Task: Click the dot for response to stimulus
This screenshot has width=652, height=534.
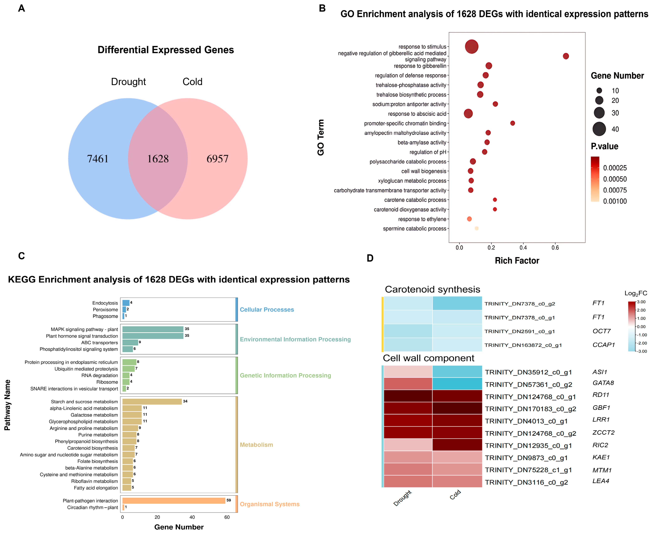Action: pos(471,46)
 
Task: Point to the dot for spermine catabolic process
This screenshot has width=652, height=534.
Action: pos(476,228)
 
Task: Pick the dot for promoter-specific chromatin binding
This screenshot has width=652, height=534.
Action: pos(512,123)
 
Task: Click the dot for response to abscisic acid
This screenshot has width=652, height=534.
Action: pos(468,113)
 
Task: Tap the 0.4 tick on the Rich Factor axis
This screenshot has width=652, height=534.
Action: pos(523,248)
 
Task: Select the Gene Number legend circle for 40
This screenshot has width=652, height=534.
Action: pos(599,129)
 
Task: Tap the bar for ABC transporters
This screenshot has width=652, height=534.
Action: pos(130,342)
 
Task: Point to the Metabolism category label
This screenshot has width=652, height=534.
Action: pos(256,445)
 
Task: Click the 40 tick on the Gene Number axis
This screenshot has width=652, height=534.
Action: pos(192,517)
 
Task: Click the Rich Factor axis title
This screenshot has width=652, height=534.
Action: pos(517,260)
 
